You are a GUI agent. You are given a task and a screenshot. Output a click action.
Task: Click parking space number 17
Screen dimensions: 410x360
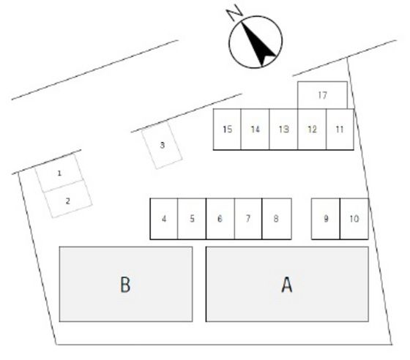(322, 95)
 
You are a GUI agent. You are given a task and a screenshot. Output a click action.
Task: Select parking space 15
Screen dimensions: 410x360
(227, 130)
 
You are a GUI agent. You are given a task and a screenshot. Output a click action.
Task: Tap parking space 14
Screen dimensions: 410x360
(255, 130)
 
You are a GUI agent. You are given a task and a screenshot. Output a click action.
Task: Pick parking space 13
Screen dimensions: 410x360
(283, 130)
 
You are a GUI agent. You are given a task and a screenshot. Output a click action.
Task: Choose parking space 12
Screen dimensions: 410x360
(312, 130)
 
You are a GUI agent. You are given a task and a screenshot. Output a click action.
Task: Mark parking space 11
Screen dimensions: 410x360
(340, 130)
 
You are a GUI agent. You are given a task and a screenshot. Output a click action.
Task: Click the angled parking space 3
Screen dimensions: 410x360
(162, 146)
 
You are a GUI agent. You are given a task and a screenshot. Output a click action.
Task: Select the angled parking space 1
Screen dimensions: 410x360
(59, 173)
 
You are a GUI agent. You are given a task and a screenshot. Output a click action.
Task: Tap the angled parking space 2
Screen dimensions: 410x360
(67, 199)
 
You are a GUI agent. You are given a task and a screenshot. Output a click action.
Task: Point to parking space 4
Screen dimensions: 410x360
(164, 219)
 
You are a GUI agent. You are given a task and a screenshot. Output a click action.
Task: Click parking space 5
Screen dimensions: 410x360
(192, 219)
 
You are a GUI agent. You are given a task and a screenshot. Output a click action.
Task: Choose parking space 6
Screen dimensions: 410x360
(220, 219)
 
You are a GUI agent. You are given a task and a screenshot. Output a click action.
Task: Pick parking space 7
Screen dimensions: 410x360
(248, 219)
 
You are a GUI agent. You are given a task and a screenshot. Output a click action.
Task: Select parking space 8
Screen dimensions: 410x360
(277, 219)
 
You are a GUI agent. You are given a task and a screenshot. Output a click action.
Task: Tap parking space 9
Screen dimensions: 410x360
(326, 219)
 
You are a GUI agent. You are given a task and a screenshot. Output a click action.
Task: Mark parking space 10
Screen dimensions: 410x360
(354, 219)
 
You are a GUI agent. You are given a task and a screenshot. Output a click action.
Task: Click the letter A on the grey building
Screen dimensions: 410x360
(287, 285)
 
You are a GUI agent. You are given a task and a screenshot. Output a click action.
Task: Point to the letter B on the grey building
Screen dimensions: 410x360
(125, 285)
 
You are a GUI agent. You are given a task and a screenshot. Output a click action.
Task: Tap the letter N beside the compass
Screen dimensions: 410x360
(234, 12)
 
